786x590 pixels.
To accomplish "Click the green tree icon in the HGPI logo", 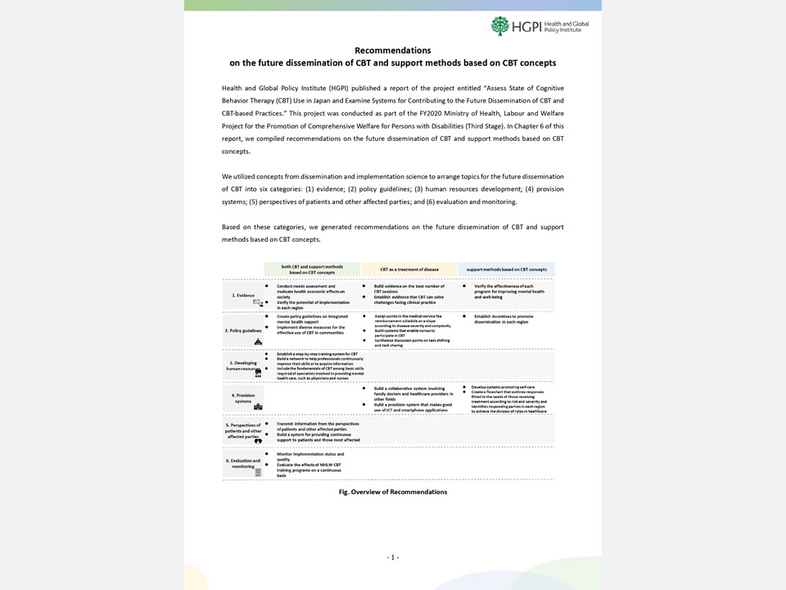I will coord(500,25).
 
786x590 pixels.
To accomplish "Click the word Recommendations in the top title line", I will coord(392,50).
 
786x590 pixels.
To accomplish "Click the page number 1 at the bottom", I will coord(393,557).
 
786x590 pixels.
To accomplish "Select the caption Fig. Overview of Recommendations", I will coord(393,492).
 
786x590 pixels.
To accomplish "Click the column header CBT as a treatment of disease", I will coord(409,269).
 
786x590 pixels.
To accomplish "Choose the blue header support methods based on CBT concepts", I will coord(507,269).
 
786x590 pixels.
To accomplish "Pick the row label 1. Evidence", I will coord(243,295).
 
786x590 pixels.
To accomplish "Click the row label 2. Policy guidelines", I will coord(244,330).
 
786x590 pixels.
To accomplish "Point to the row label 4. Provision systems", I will coord(243,397).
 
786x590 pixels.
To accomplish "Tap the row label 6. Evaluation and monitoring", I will coord(243,464).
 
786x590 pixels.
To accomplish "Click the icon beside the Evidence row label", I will coord(258,303).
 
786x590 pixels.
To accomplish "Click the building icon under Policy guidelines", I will coord(258,341).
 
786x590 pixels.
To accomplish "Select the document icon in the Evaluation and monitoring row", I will coord(258,473).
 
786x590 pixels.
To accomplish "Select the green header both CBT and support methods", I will coord(312,269).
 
